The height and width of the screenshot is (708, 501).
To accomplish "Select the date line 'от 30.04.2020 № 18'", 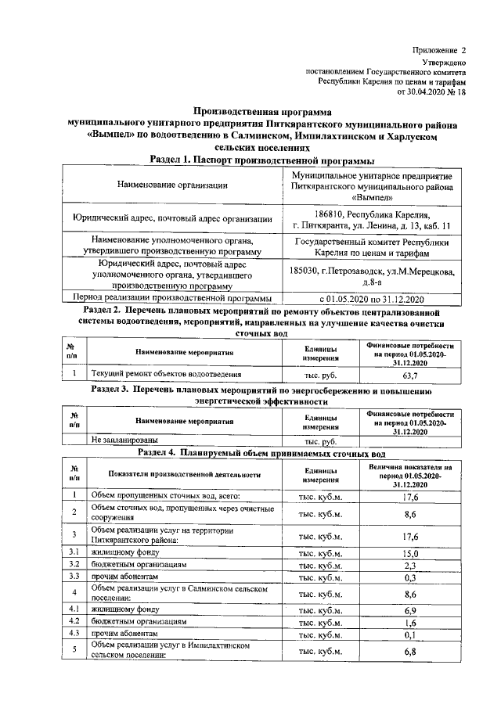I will click(432, 92).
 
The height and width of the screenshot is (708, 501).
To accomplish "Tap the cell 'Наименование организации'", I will click(172, 185).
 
